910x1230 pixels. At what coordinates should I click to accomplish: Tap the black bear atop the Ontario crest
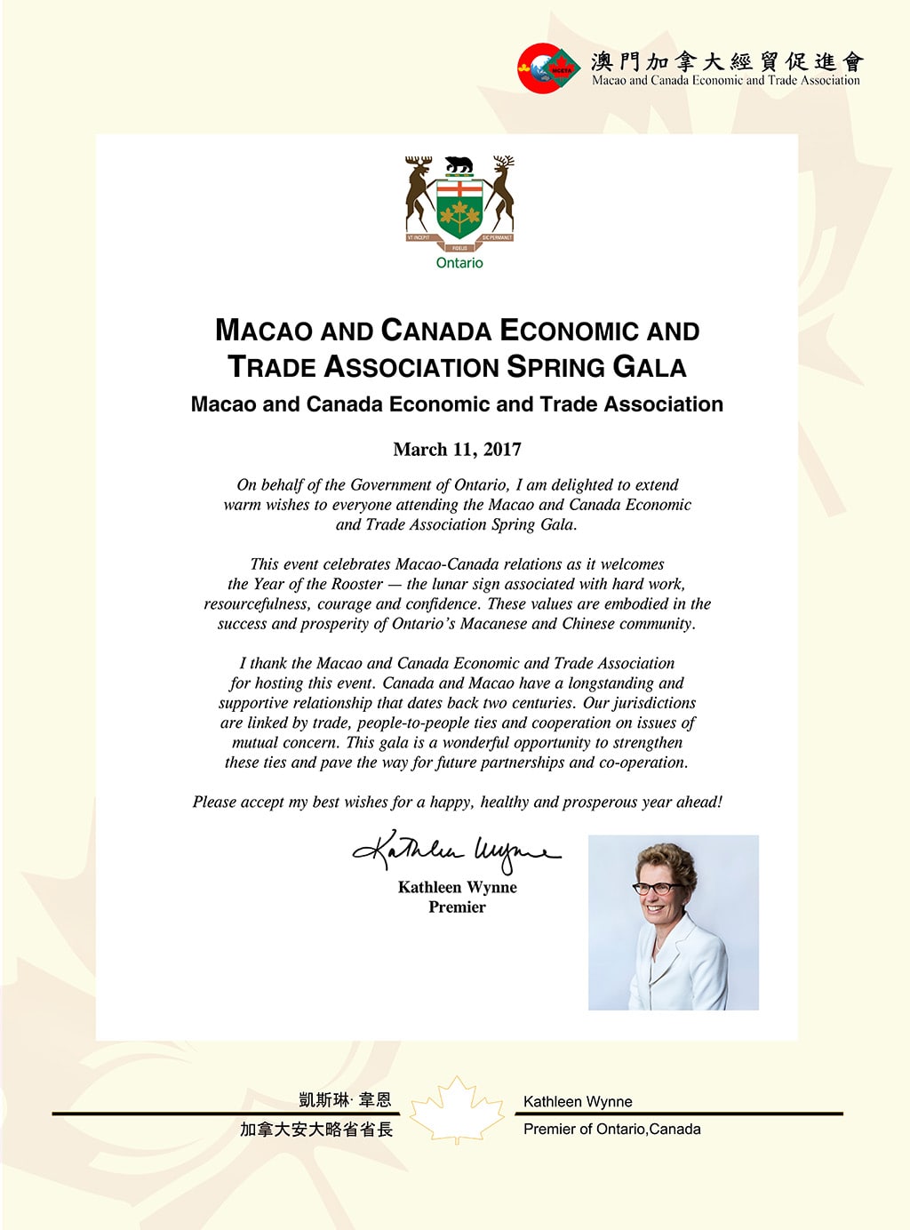point(459,164)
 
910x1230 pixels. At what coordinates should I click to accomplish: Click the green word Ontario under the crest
point(459,263)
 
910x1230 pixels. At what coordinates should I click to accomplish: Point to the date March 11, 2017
point(457,450)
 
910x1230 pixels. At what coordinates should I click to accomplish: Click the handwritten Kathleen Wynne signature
point(457,852)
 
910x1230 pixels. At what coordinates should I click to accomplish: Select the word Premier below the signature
point(457,907)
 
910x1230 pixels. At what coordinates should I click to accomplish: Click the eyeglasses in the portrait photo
point(657,887)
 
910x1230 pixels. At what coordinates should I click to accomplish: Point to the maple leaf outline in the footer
point(457,1111)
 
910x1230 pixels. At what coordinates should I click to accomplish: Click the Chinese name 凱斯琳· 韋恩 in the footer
point(345,1100)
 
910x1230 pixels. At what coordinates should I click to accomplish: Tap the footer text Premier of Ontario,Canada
point(611,1130)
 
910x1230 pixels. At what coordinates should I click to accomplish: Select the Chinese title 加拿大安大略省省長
point(316,1130)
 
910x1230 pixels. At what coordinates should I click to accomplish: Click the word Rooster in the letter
point(356,584)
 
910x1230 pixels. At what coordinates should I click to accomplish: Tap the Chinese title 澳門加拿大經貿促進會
point(727,61)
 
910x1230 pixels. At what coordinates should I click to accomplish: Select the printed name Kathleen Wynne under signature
point(457,887)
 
